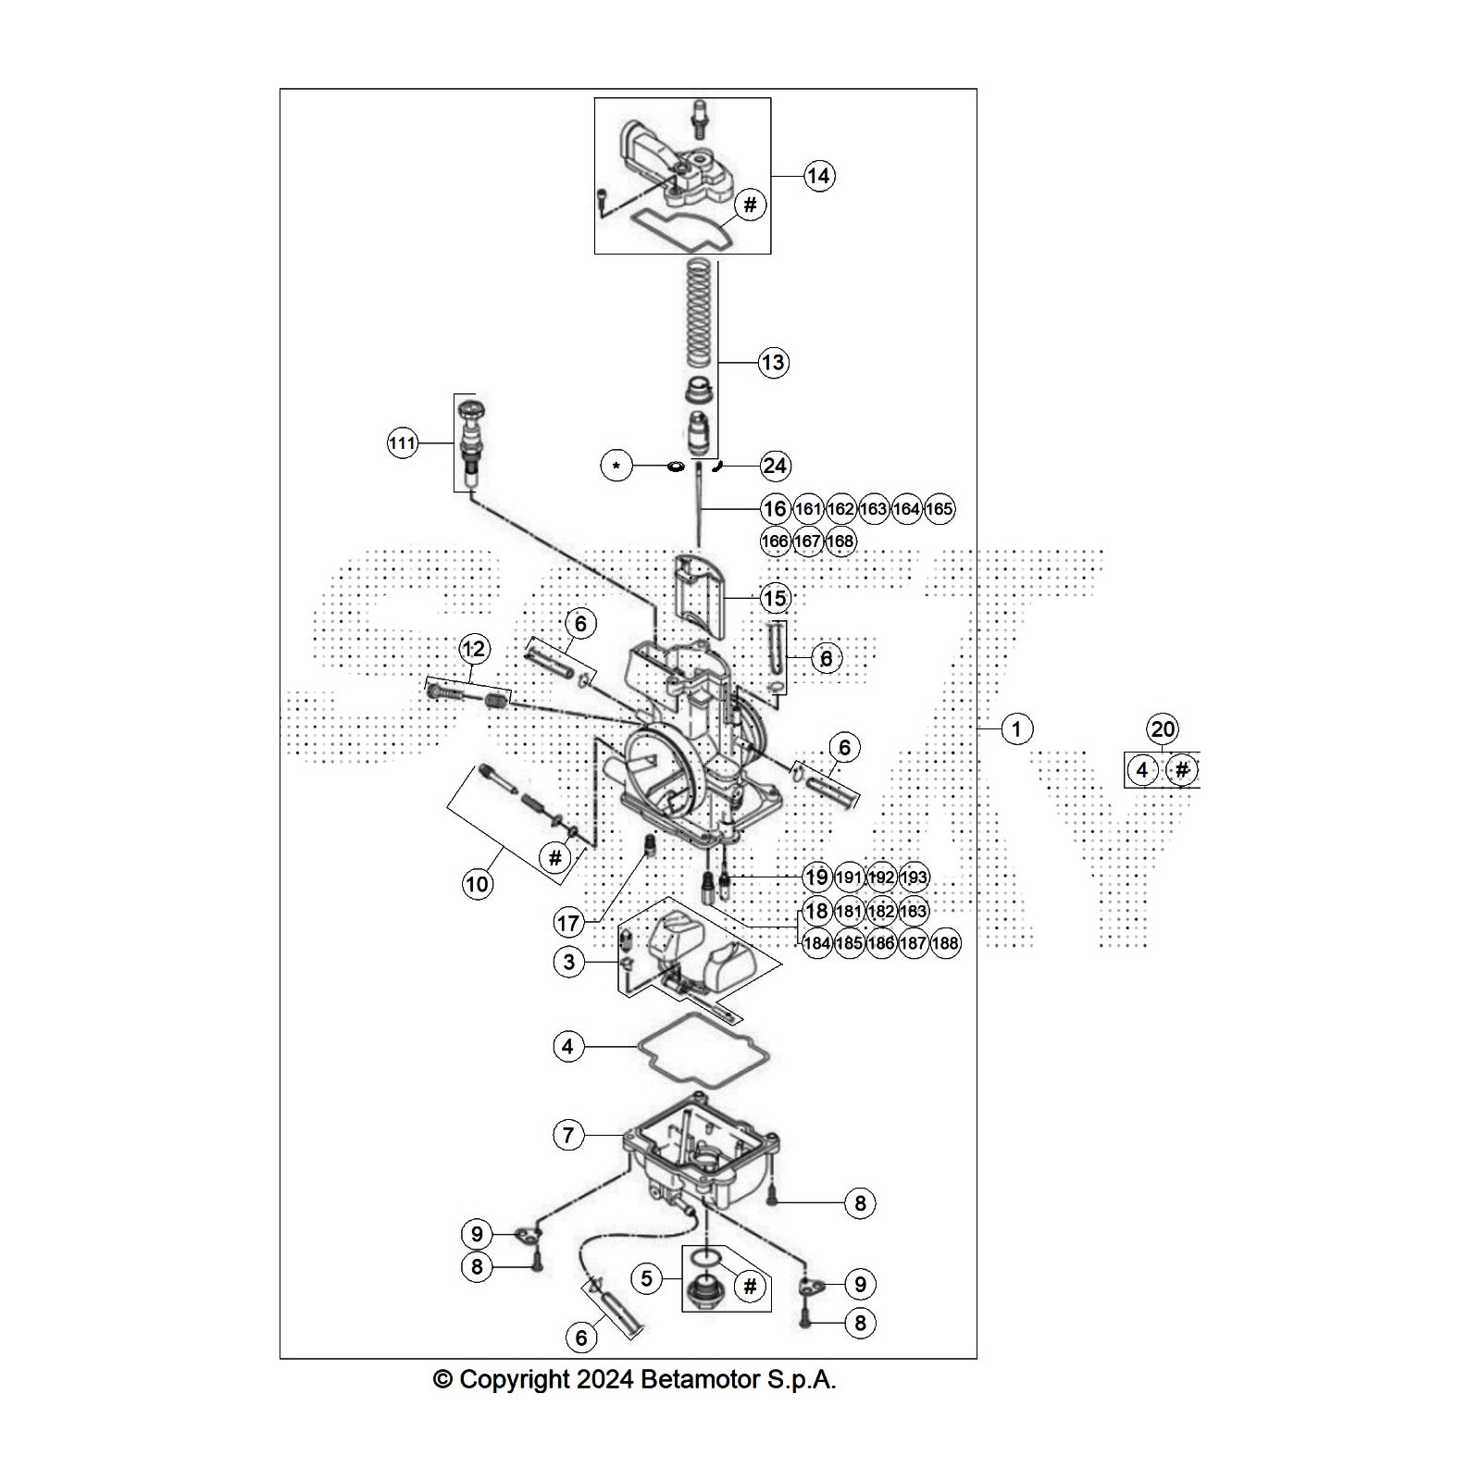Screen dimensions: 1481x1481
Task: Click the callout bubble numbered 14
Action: point(818,176)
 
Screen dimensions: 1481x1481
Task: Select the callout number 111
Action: point(402,443)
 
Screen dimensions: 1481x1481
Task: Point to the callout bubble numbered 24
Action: point(775,466)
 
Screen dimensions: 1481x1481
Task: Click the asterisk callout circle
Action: point(616,466)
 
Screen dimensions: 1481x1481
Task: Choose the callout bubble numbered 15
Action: point(775,598)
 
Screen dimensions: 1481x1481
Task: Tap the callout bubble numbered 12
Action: point(473,649)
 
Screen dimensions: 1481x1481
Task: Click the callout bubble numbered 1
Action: point(1016,729)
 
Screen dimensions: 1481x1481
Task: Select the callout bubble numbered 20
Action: point(1163,729)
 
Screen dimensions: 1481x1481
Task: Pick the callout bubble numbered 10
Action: point(477,884)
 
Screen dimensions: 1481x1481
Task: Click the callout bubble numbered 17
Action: point(568,922)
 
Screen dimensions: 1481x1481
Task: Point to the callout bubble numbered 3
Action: point(569,962)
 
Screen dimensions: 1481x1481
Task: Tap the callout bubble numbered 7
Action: point(568,1134)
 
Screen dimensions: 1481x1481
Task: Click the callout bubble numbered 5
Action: point(646,1278)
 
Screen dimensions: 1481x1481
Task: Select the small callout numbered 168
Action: point(840,541)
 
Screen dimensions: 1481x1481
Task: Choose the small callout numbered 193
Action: point(914,877)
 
